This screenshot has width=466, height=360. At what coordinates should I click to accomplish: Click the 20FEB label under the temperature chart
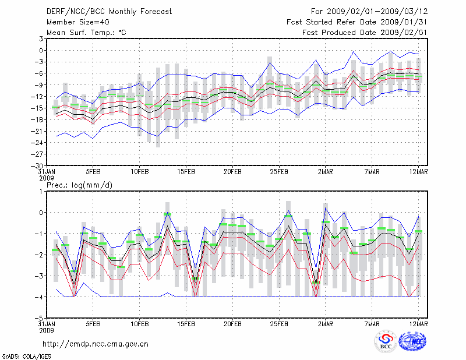click(232, 172)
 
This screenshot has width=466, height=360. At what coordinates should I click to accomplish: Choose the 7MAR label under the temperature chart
click(372, 172)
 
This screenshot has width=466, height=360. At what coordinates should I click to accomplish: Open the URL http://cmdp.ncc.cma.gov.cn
click(96, 344)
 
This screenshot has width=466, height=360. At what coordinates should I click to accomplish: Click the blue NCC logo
click(415, 341)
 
